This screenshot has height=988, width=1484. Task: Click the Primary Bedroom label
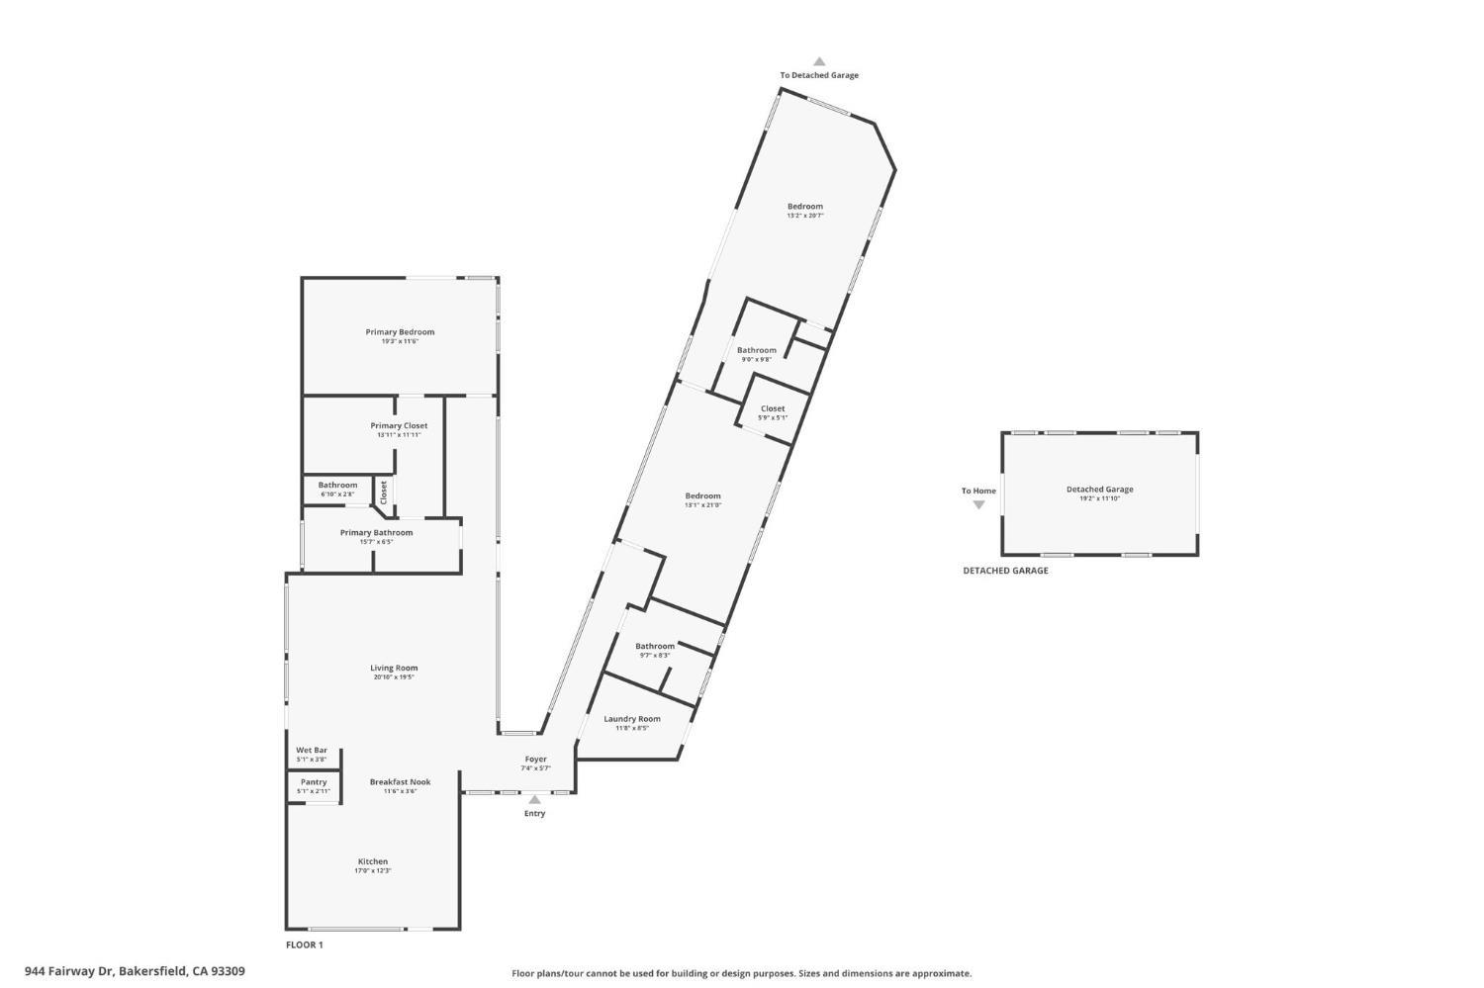pyautogui.click(x=400, y=332)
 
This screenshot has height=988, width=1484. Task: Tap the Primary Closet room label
pyautogui.click(x=399, y=426)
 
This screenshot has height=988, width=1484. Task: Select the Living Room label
pyautogui.click(x=394, y=669)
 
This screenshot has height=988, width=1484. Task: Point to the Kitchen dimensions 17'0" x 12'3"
pyautogui.click(x=373, y=871)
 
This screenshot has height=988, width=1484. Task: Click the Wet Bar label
pyautogui.click(x=312, y=751)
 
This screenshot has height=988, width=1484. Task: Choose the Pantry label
pyautogui.click(x=314, y=782)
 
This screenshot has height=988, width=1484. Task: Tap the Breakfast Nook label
pyautogui.click(x=400, y=782)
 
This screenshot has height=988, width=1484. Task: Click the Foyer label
pyautogui.click(x=535, y=760)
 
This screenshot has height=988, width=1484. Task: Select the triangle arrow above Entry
pyautogui.click(x=534, y=799)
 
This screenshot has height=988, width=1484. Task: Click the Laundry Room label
pyautogui.click(x=632, y=719)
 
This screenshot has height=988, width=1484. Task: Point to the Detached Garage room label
pyautogui.click(x=1099, y=490)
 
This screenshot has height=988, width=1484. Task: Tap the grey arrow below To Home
pyautogui.click(x=978, y=505)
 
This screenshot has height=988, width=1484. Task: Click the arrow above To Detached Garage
pyautogui.click(x=819, y=61)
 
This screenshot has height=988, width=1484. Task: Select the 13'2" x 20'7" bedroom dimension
pyautogui.click(x=805, y=216)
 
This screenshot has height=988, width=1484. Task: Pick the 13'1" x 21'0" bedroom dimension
pyautogui.click(x=703, y=505)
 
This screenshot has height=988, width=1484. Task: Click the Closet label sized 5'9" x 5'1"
pyautogui.click(x=773, y=408)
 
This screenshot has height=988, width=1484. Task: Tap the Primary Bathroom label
pyautogui.click(x=376, y=533)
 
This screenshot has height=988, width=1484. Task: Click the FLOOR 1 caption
pyautogui.click(x=305, y=945)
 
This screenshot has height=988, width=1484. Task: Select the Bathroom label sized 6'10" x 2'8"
pyautogui.click(x=337, y=486)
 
